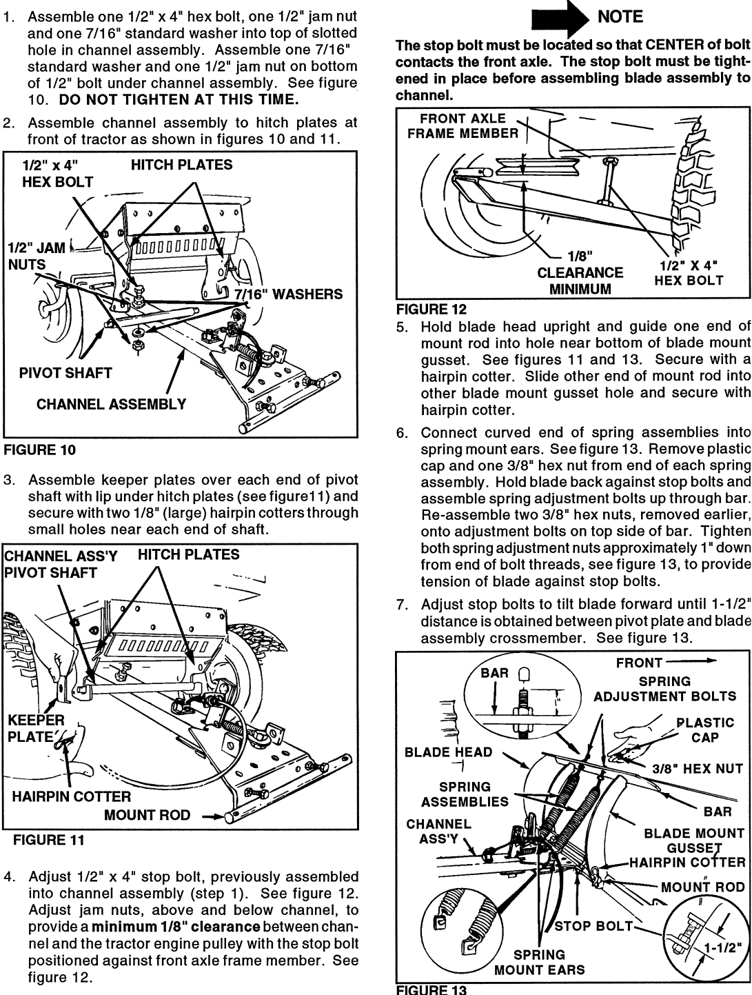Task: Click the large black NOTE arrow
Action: [x=556, y=18]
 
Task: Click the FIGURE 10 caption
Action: [x=39, y=450]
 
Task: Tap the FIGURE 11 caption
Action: [x=49, y=840]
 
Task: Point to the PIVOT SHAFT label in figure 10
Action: [x=65, y=373]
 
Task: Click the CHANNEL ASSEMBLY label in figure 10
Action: [x=111, y=404]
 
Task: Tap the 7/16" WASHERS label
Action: [x=288, y=294]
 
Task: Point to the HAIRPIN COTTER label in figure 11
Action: [x=72, y=796]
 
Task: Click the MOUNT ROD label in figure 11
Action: [x=147, y=816]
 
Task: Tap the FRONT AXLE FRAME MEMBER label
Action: [x=463, y=125]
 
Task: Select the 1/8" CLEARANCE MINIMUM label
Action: [x=580, y=272]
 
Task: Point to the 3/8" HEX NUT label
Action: [x=698, y=768]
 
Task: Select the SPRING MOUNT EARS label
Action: [x=539, y=962]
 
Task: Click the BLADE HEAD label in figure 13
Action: [x=448, y=752]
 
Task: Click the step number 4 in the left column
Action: [x=8, y=878]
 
